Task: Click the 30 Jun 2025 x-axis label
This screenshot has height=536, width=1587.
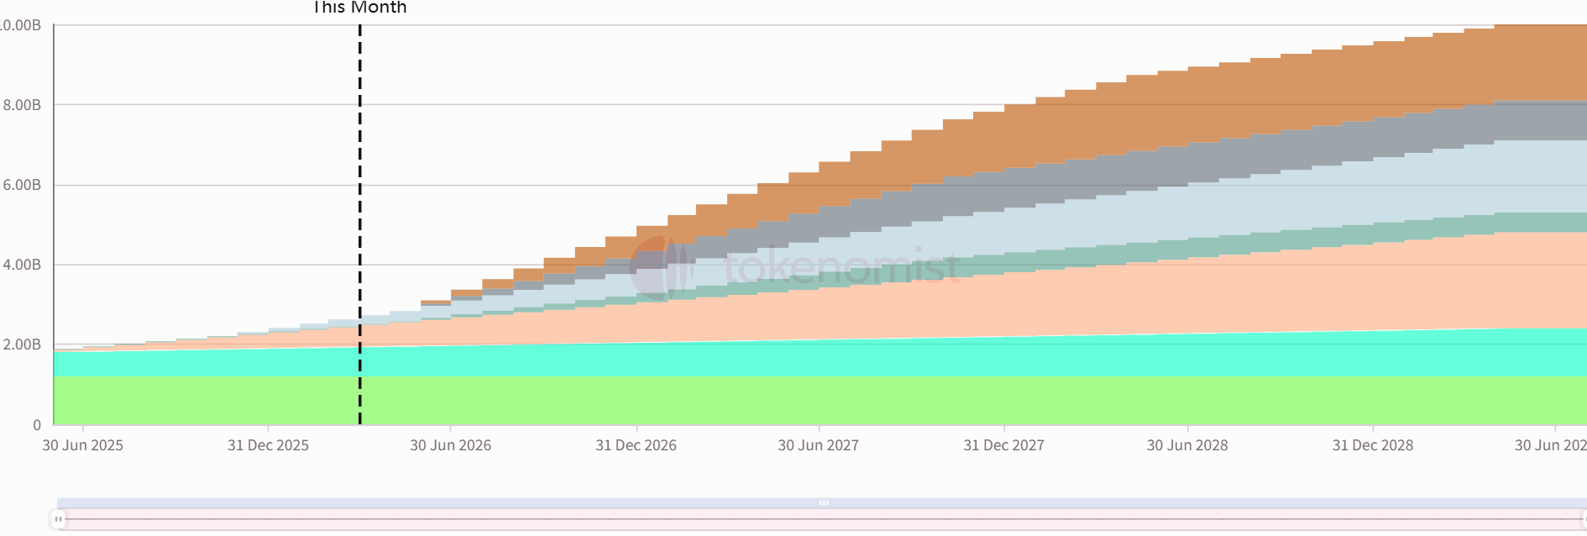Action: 82,445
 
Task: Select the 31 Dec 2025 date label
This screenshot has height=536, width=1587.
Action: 268,445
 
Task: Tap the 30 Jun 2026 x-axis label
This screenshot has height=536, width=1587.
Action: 450,445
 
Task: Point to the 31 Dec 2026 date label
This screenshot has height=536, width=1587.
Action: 636,445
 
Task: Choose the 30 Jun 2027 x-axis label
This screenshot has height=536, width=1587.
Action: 818,445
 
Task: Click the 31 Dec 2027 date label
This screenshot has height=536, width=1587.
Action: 1003,445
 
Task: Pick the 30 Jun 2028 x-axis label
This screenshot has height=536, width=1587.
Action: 1187,445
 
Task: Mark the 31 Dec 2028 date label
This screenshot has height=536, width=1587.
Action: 1372,445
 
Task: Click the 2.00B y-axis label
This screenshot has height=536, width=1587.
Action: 21,344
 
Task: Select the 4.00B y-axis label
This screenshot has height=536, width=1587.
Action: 21,265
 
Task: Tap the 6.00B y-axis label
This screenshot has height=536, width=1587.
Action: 21,185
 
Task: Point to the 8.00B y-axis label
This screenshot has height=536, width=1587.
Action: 21,105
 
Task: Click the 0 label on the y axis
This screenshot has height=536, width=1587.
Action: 36,425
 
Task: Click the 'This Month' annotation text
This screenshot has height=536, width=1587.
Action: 359,8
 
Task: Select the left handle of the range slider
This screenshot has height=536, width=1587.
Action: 58,519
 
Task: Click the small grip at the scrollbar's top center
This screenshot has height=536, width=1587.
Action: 824,503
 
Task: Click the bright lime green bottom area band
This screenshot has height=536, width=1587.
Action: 756,401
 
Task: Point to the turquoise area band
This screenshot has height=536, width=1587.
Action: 756,360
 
